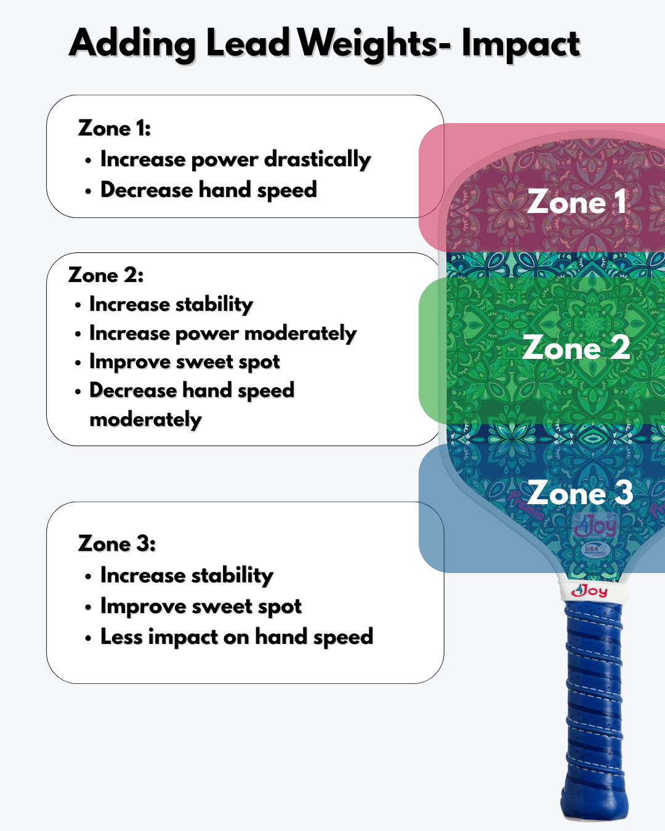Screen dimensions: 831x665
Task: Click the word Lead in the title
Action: point(248,43)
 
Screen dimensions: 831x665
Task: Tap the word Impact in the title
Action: point(520,44)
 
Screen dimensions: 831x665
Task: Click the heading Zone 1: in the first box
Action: point(115,128)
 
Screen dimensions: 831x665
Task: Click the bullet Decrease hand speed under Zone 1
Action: point(208,190)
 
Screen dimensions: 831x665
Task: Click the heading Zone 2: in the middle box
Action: point(106,275)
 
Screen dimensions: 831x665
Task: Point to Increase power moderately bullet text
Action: point(222,333)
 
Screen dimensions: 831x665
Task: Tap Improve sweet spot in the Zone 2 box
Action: point(184,362)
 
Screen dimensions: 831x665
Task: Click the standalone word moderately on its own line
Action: point(145,419)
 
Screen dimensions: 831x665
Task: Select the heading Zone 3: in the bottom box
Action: point(117,544)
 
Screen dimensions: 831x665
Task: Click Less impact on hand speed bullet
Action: point(236,636)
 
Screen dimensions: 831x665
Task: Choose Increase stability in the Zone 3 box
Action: point(187,575)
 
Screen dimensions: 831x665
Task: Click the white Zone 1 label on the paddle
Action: point(577,202)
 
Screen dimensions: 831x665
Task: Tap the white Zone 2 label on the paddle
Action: point(576,348)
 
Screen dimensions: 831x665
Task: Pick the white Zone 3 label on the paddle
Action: point(580,493)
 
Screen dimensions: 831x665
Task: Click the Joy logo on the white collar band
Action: point(590,591)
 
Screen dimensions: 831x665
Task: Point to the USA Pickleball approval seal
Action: point(595,550)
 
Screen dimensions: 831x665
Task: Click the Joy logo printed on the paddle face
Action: point(595,526)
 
